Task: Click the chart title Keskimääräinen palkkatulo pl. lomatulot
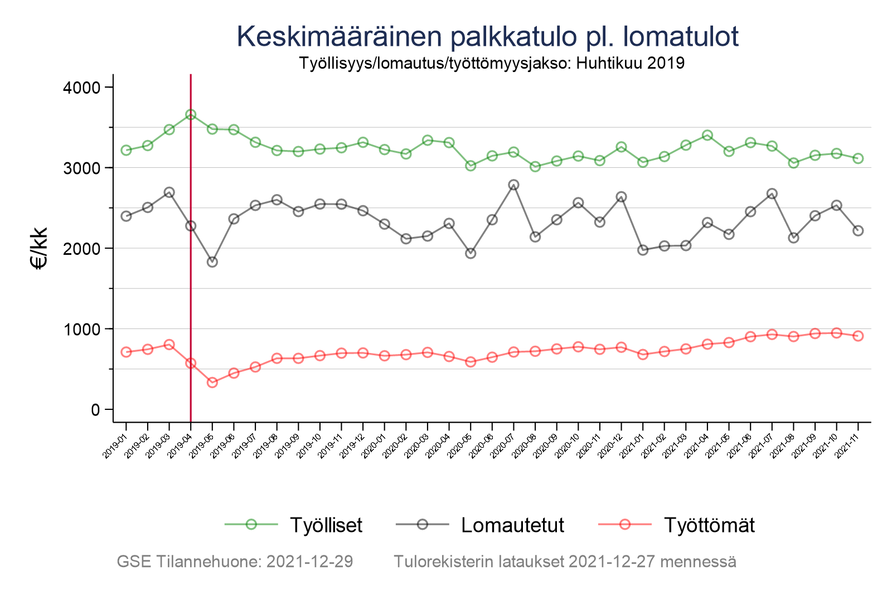pyautogui.click(x=487, y=37)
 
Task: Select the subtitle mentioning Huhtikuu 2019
pyautogui.click(x=491, y=63)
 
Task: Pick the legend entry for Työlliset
pyautogui.click(x=326, y=525)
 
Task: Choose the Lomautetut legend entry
pyautogui.click(x=512, y=525)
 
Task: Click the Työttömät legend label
pyautogui.click(x=709, y=525)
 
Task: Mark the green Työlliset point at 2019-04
pyautogui.click(x=191, y=114)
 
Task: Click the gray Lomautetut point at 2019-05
pyautogui.click(x=212, y=262)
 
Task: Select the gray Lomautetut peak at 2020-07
pyautogui.click(x=513, y=185)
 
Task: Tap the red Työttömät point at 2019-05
pyautogui.click(x=212, y=383)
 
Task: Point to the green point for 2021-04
pyautogui.click(x=707, y=135)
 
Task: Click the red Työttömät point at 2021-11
pyautogui.click(x=858, y=336)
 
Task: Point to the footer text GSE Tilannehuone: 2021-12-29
pyautogui.click(x=235, y=562)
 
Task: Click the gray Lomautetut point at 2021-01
pyautogui.click(x=643, y=250)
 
